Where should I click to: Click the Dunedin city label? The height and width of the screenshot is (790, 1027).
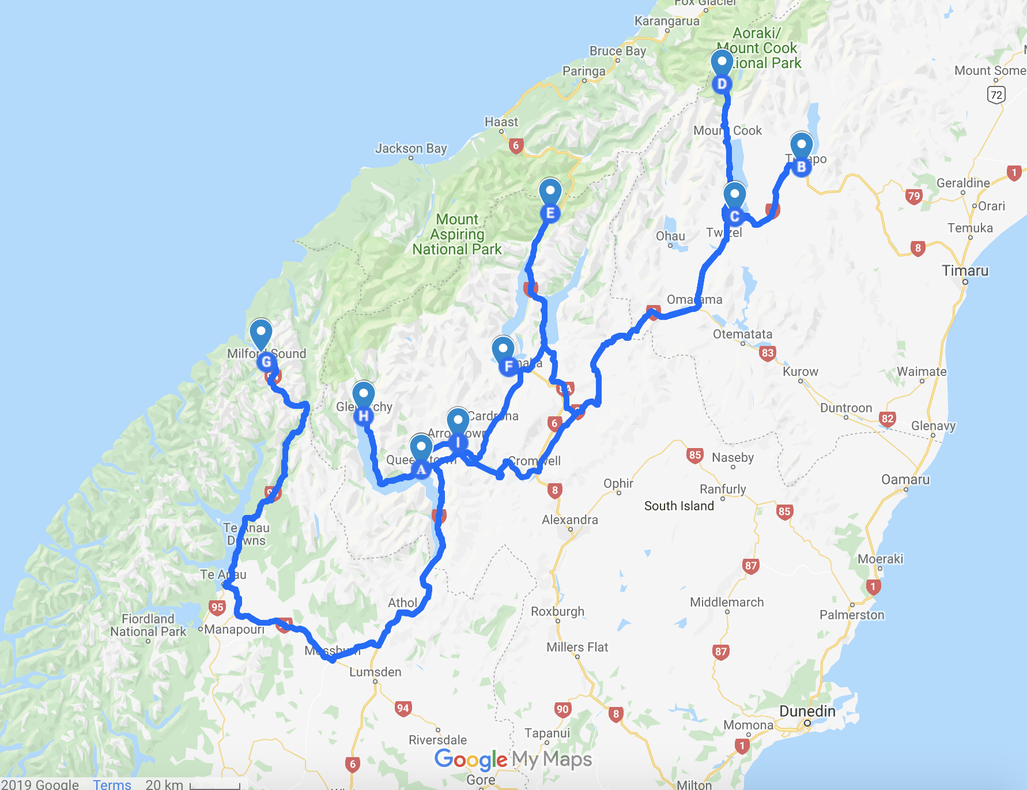coord(807,712)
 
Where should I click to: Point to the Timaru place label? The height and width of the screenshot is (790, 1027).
coord(965,270)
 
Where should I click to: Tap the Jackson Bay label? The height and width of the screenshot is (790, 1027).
coord(411,148)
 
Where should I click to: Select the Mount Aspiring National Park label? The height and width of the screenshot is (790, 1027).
coord(457,234)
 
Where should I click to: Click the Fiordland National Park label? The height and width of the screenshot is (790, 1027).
coord(148,625)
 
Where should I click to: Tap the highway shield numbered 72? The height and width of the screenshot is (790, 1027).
coord(996,95)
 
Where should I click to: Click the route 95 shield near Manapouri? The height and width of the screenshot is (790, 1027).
coord(217,607)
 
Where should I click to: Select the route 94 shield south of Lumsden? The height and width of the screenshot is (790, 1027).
coord(403,708)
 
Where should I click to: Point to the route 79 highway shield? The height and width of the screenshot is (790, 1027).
coord(913,196)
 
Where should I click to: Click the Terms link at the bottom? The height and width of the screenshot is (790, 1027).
coord(112,784)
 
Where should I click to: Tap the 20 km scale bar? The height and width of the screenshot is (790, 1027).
coord(214,785)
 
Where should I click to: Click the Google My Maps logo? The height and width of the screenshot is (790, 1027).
coord(513,759)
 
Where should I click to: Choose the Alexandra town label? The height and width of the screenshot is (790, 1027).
coord(569,520)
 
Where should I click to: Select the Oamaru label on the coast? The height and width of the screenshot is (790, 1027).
coord(905,479)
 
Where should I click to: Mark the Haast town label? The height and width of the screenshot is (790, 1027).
coord(501,122)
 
